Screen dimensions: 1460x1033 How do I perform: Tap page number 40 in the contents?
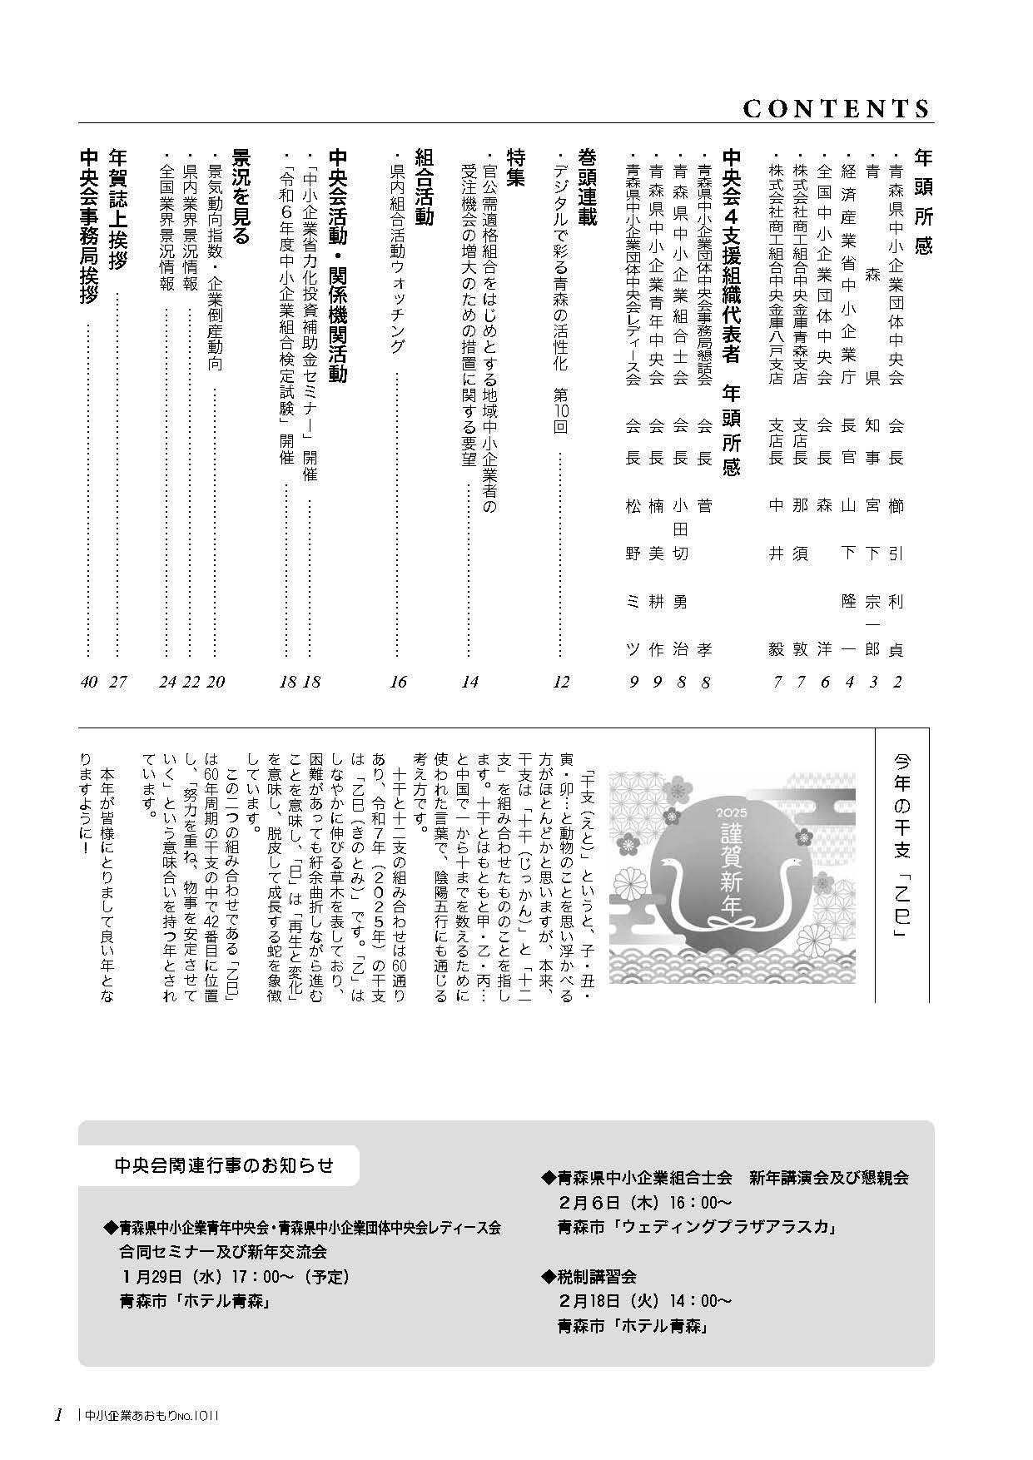coord(90,682)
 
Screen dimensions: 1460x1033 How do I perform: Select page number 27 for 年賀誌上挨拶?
coord(118,682)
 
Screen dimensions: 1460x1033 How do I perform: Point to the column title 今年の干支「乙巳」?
coord(902,847)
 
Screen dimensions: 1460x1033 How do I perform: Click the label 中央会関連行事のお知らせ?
coord(224,1165)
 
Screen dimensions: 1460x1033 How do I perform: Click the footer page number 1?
coord(58,1414)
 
